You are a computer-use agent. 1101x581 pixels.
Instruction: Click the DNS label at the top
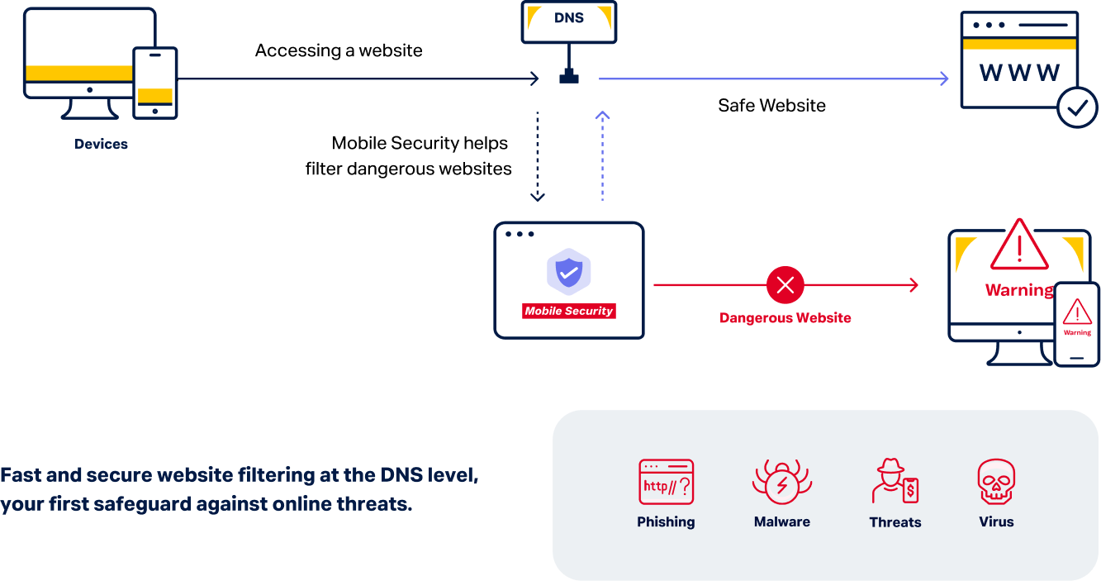(568, 17)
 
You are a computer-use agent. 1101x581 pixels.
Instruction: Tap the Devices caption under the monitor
(101, 144)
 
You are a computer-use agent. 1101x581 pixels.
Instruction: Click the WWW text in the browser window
(1019, 73)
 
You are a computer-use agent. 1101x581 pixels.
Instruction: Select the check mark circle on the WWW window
(1078, 107)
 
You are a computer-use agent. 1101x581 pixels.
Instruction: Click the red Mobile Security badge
(568, 312)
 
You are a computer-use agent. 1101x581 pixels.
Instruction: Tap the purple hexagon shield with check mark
(568, 272)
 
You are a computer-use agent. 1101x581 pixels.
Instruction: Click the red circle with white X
(785, 285)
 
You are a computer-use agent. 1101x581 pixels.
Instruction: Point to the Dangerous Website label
(785, 318)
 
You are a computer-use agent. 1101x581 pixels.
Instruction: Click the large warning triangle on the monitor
(1019, 246)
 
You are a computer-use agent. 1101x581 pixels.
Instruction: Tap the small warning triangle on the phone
(1077, 312)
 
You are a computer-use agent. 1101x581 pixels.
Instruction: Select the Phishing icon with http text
(666, 482)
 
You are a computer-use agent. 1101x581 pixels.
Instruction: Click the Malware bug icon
(781, 483)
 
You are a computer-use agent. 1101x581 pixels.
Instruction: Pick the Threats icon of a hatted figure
(895, 482)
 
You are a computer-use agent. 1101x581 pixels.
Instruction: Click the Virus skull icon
(996, 482)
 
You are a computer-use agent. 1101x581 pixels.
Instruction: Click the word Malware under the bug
(781, 522)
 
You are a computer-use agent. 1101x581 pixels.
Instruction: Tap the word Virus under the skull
(996, 522)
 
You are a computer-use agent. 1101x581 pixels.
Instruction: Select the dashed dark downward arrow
(537, 157)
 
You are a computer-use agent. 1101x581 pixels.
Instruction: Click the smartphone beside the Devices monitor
(155, 83)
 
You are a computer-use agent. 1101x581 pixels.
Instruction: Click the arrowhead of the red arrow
(913, 285)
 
